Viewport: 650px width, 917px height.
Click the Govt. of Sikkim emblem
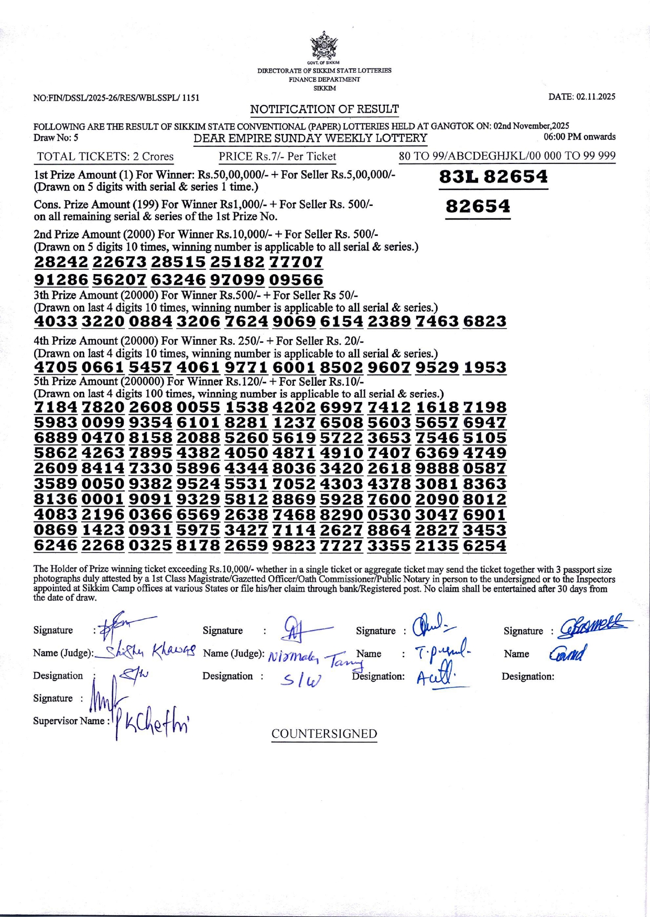[x=324, y=46]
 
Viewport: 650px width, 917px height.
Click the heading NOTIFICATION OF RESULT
[x=324, y=109]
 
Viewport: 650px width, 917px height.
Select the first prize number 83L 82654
[x=493, y=177]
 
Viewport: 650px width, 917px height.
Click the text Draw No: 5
[x=56, y=138]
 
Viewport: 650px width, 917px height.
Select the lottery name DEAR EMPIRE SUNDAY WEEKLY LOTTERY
[x=310, y=138]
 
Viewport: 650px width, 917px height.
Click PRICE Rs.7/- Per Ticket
[x=277, y=156]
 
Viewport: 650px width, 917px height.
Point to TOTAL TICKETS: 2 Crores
[x=105, y=157]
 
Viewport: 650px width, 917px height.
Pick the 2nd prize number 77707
[x=296, y=261]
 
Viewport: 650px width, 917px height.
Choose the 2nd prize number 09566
[x=296, y=279]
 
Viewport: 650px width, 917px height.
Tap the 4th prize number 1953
[x=485, y=367]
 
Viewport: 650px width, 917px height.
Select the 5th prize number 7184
[x=56, y=407]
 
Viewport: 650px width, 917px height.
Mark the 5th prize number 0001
[x=103, y=499]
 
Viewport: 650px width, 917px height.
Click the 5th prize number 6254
[x=485, y=545]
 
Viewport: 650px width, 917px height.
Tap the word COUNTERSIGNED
[x=324, y=734]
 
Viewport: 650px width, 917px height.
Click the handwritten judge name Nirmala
[x=294, y=656]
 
